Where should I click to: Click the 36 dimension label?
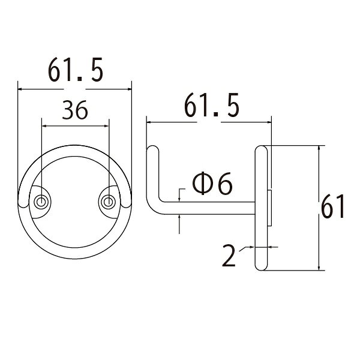point(75,110)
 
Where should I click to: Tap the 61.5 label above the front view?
point(76,70)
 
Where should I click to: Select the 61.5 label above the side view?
point(211,105)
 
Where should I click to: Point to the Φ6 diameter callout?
point(212,183)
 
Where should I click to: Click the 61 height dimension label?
point(332,206)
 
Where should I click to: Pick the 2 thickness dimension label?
point(229,256)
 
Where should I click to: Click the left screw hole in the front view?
point(41,202)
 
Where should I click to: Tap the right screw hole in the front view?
point(109,202)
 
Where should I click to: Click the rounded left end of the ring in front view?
point(23,204)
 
